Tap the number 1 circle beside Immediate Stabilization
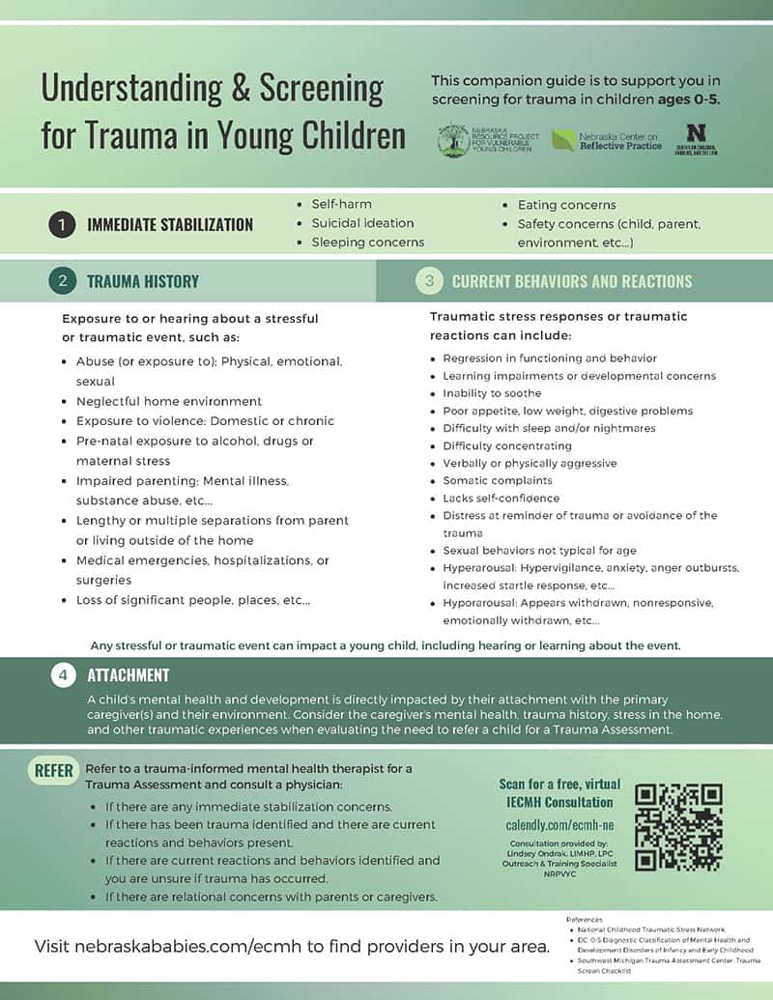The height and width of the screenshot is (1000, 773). pyautogui.click(x=62, y=224)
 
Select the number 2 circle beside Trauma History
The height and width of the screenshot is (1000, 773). pyautogui.click(x=62, y=281)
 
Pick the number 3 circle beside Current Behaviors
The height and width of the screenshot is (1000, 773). pyautogui.click(x=429, y=281)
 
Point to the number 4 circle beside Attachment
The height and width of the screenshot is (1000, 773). pyautogui.click(x=63, y=675)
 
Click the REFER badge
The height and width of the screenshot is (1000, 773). pyautogui.click(x=54, y=770)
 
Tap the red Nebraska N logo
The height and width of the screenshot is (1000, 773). pyautogui.click(x=695, y=133)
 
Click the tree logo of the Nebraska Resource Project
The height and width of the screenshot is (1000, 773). pyautogui.click(x=451, y=138)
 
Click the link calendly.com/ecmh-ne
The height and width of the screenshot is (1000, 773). pyautogui.click(x=545, y=825)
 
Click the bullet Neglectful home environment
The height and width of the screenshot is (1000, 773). pyautogui.click(x=168, y=401)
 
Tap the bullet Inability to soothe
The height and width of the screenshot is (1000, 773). pyautogui.click(x=492, y=393)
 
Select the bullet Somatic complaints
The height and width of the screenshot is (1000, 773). pyautogui.click(x=498, y=480)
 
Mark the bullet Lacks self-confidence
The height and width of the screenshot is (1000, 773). pyautogui.click(x=501, y=498)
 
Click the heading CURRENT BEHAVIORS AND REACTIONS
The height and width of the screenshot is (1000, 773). pyautogui.click(x=572, y=282)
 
